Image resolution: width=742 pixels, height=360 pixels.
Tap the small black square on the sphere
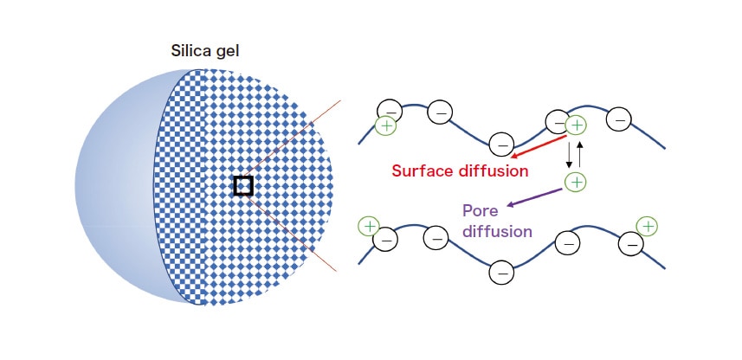coord(243,185)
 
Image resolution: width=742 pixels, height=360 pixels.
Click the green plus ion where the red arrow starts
coord(577,126)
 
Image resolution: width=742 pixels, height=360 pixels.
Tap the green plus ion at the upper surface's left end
coord(386,126)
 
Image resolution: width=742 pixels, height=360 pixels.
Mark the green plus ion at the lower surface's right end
coord(646,226)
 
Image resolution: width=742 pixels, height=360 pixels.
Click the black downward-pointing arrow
coord(569,154)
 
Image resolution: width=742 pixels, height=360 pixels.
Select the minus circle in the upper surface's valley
coord(500,145)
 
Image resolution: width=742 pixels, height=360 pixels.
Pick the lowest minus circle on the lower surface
coord(500,273)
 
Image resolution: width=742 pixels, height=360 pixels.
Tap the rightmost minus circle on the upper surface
coord(618,119)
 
